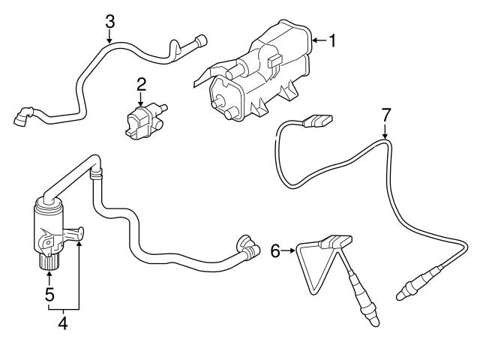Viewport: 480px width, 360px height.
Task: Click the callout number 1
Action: coord(331,40)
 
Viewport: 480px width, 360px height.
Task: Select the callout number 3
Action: coord(109,19)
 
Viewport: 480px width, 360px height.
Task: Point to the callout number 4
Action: coord(63,323)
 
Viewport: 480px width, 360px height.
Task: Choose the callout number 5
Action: coord(49,294)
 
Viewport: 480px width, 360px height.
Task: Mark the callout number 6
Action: coord(274,251)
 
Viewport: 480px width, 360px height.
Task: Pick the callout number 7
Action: coord(385,115)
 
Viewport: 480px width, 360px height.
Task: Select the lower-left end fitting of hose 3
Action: coord(23,117)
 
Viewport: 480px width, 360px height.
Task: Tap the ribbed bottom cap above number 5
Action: coord(49,263)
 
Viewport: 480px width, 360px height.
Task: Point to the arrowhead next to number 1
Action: coord(313,40)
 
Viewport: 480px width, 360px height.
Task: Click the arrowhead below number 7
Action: coord(385,136)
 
